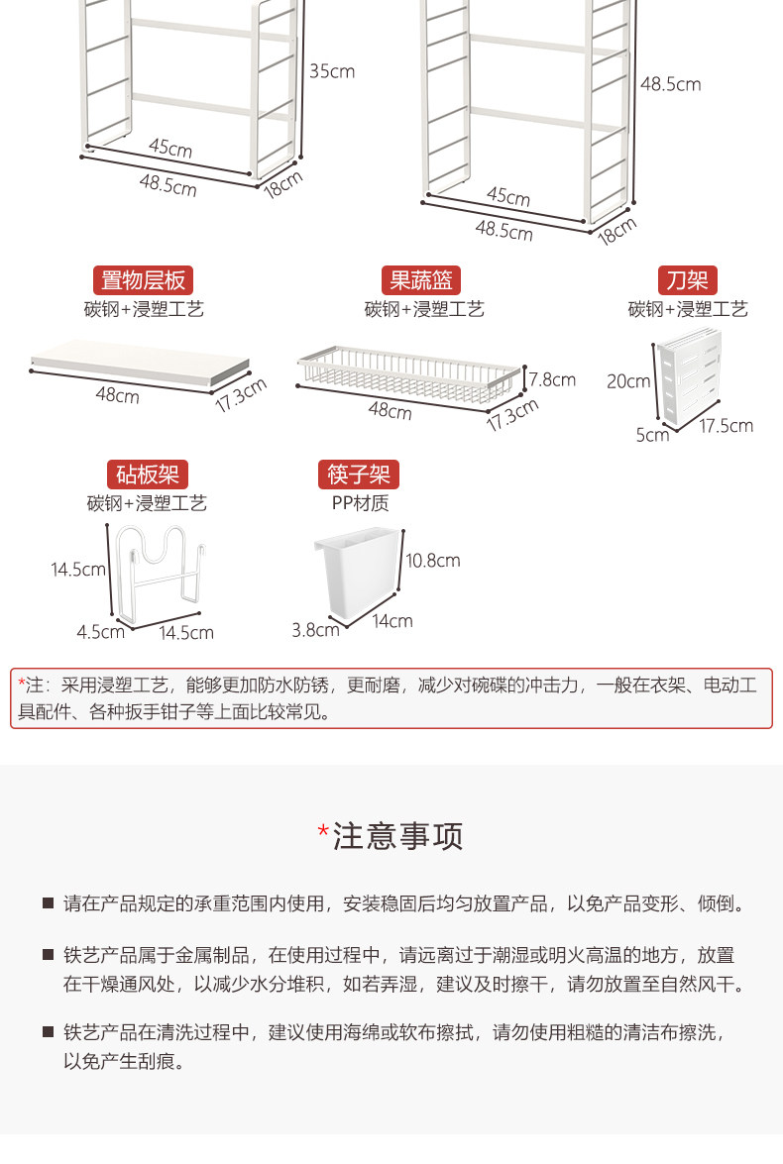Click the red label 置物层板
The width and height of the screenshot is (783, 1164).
coord(144,279)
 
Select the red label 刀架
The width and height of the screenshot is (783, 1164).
coord(688,279)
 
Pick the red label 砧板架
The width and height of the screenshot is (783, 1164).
coord(147,475)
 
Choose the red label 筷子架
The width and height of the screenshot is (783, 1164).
coord(359,475)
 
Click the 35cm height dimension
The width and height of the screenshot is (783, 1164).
coord(331,71)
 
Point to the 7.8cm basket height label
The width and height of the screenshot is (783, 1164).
coord(552,378)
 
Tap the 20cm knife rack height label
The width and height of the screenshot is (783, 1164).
coord(628,380)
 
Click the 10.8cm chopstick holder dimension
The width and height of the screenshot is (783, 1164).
coord(433,561)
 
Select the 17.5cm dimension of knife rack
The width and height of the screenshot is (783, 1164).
coord(727,426)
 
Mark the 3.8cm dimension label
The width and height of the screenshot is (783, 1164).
coord(316,629)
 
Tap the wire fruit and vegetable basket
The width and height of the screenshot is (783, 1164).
coord(408,373)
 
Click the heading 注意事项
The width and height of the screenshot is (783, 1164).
coord(397,836)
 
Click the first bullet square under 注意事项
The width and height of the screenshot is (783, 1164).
coord(48,903)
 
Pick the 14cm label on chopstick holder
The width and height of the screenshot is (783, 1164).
coord(392,621)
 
